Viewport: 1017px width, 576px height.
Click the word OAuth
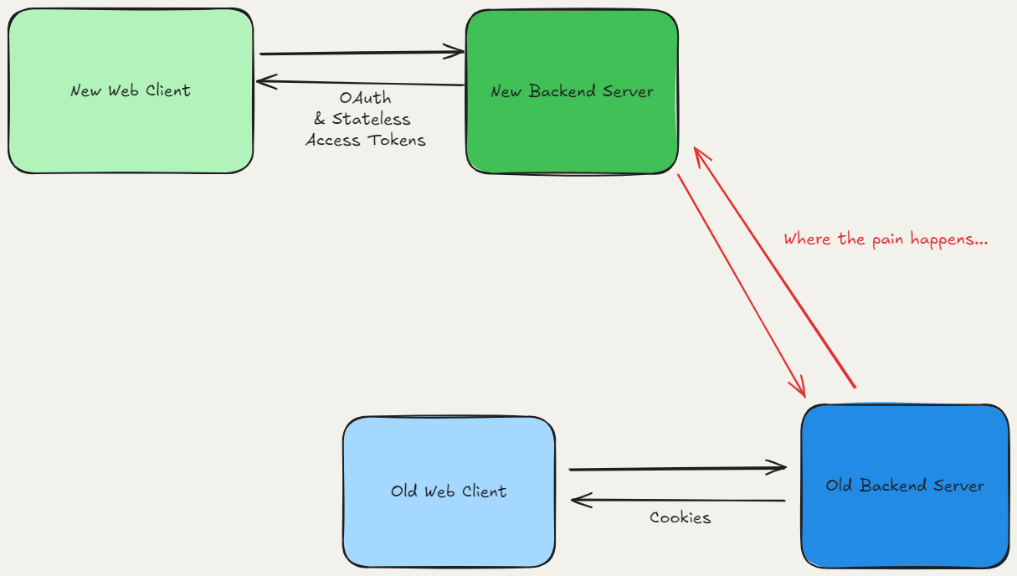(x=366, y=98)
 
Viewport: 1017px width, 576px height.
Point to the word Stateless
(x=372, y=119)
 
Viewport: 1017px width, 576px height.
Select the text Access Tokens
(x=366, y=141)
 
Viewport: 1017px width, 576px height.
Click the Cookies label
(x=680, y=518)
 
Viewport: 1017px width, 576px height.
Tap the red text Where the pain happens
(x=886, y=239)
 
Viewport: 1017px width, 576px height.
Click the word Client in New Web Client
(x=167, y=90)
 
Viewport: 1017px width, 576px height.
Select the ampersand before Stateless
(x=319, y=120)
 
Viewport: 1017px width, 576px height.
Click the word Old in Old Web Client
(x=403, y=491)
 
